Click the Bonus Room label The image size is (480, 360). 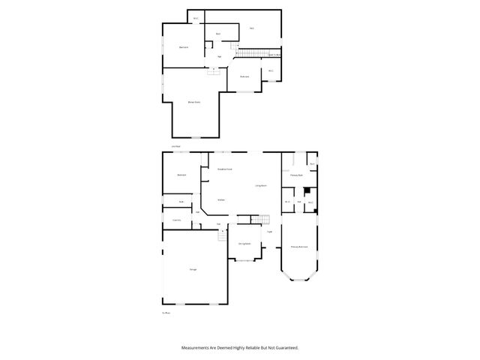[193, 102]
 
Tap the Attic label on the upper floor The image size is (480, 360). [252, 28]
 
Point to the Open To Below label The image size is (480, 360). [274, 54]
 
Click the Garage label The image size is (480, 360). [193, 269]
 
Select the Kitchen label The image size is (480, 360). [221, 199]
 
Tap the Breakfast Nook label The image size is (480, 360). [223, 169]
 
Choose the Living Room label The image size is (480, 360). [261, 185]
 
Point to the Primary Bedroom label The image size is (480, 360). [300, 246]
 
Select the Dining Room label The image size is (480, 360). [244, 244]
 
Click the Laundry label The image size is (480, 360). [177, 220]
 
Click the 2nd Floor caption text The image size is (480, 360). [175, 146]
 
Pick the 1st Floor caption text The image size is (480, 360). [166, 313]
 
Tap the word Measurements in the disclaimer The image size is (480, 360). [197, 348]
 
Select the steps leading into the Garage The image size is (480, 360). [222, 235]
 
